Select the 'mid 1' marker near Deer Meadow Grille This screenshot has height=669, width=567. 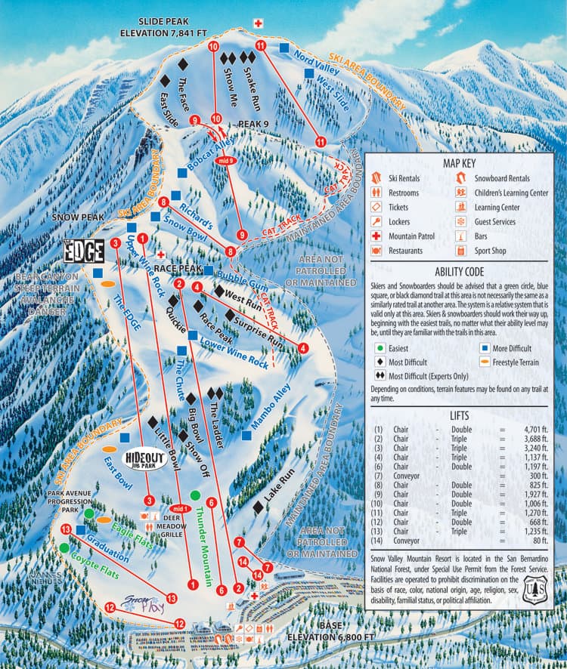tap(180, 508)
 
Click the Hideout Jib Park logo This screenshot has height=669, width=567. tap(143, 459)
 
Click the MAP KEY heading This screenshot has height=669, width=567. tap(464, 163)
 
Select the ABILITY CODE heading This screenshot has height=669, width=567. tap(464, 271)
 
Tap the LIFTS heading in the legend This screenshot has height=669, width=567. tap(464, 415)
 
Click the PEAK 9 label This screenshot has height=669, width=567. tap(253, 123)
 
